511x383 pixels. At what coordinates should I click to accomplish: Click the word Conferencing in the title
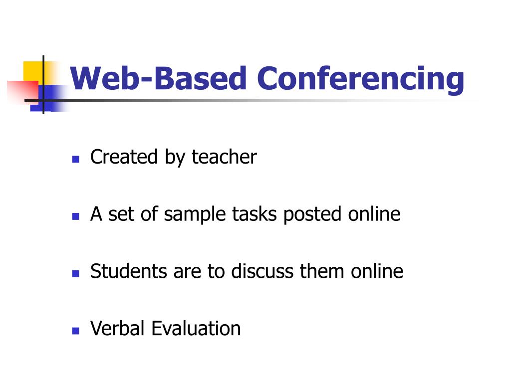coord(360,79)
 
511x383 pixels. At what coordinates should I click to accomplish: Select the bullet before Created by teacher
coord(76,160)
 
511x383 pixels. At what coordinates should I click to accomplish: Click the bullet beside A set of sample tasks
coord(76,217)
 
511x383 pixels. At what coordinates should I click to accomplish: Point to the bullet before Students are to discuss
coord(76,274)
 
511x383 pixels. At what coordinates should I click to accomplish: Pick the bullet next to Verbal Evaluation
coord(76,331)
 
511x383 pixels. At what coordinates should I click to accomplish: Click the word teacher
coord(224,157)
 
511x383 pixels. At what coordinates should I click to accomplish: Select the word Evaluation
coord(196,329)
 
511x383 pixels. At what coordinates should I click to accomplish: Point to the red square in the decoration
coord(22,92)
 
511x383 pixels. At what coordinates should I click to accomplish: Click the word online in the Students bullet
coord(377,271)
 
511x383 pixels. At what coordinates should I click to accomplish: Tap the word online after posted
coord(374,214)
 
